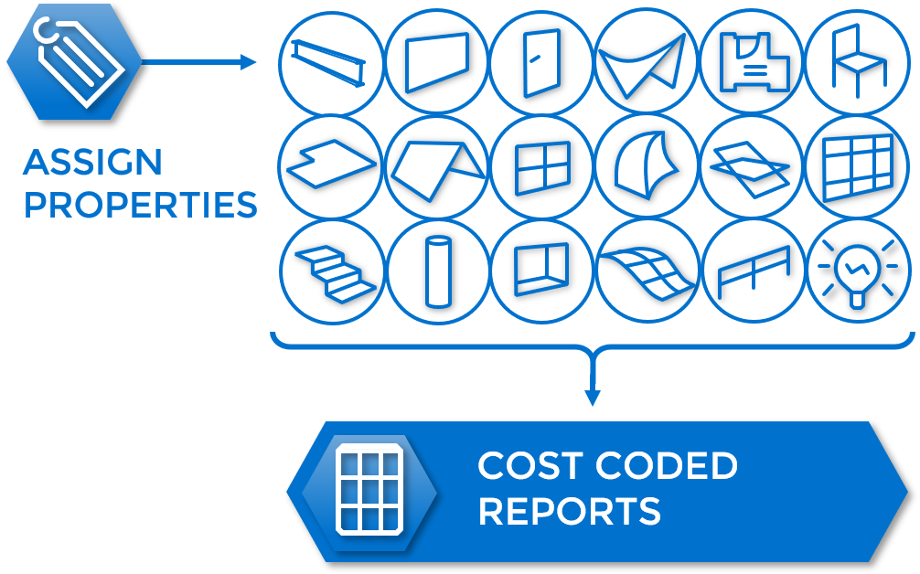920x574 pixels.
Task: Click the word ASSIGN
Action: [92, 164]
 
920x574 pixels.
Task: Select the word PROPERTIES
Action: [140, 206]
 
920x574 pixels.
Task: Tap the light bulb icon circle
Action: [856, 272]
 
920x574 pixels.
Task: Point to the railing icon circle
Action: [751, 272]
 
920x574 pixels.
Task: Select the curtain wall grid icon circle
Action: [856, 167]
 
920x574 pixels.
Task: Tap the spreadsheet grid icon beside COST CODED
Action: [370, 490]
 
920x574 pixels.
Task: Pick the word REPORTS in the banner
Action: [569, 511]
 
